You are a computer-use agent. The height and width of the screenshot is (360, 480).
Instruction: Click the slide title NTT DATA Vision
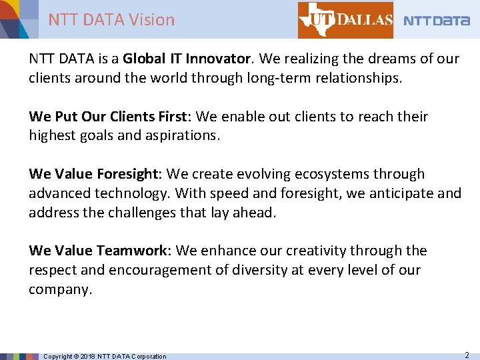click(x=111, y=20)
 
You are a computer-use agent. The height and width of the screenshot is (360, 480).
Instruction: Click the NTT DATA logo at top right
click(x=437, y=21)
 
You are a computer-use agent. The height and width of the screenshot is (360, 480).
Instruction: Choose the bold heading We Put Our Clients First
click(x=110, y=117)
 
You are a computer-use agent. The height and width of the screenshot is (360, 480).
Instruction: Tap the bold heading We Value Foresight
click(x=93, y=174)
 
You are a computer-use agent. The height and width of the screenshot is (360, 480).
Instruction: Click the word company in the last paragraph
click(x=59, y=289)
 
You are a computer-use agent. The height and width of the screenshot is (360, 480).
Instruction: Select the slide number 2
click(x=467, y=355)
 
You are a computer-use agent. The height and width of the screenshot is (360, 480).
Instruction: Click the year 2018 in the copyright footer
click(x=88, y=356)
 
